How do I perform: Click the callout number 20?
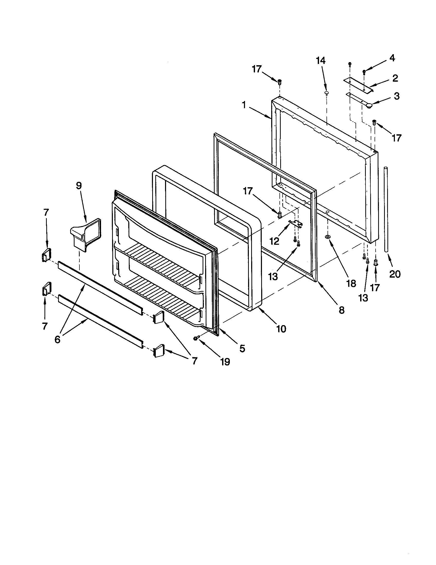pyautogui.click(x=395, y=274)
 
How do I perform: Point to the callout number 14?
pyautogui.click(x=321, y=61)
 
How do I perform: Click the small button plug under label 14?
pyautogui.click(x=326, y=93)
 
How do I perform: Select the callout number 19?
pyautogui.click(x=225, y=362)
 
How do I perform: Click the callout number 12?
pyautogui.click(x=274, y=241)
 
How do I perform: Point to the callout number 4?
pyautogui.click(x=392, y=59)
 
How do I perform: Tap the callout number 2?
pyautogui.click(x=395, y=78)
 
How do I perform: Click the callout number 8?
pyautogui.click(x=341, y=310)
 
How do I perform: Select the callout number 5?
pyautogui.click(x=242, y=349)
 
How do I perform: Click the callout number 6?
pyautogui.click(x=57, y=340)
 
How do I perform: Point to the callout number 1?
pyautogui.click(x=244, y=105)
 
